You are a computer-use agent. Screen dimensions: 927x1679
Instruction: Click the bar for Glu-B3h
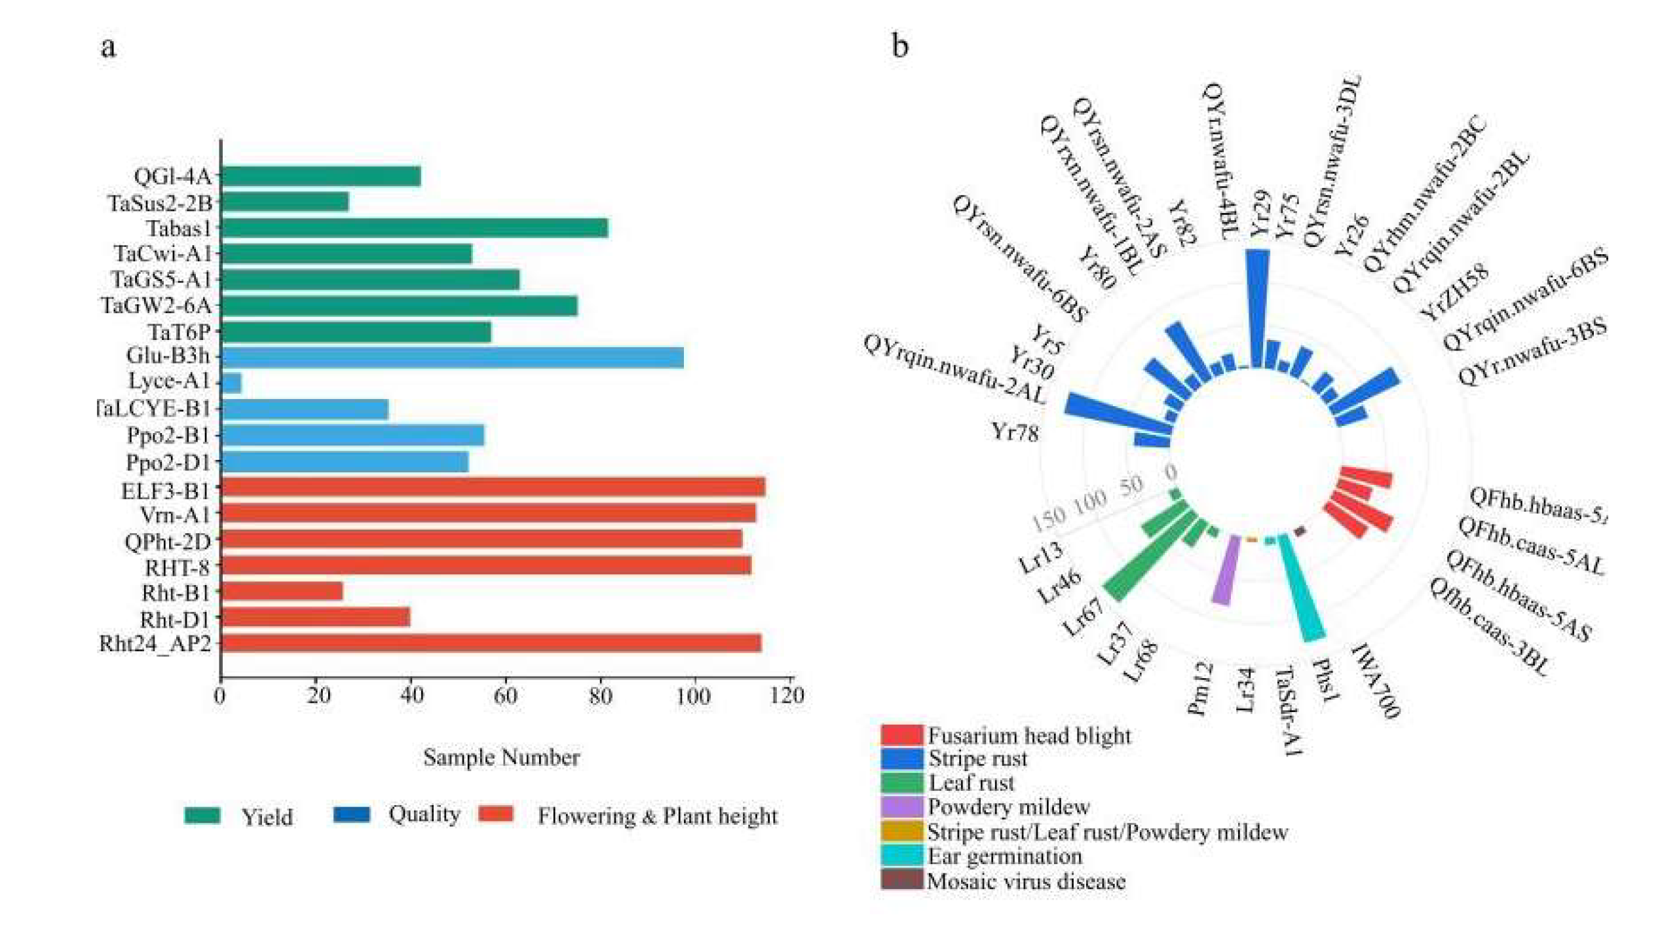click(x=452, y=358)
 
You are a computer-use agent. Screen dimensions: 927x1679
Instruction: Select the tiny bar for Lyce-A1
click(x=232, y=383)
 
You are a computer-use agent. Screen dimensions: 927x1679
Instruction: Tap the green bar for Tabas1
click(x=414, y=228)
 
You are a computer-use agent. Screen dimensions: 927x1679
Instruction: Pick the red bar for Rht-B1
click(x=282, y=592)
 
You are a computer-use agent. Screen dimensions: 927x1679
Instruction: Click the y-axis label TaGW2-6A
click(x=157, y=305)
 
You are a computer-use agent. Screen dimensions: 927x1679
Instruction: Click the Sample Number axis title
click(x=501, y=758)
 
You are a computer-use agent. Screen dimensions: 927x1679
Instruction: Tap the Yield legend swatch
click(x=202, y=816)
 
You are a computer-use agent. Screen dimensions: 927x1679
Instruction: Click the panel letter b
click(x=900, y=47)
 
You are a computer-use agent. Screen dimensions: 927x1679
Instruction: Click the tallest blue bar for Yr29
click(x=1257, y=308)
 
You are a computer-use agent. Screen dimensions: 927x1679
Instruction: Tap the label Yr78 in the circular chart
click(x=1015, y=432)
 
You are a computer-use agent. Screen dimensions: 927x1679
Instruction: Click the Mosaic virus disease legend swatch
click(x=901, y=880)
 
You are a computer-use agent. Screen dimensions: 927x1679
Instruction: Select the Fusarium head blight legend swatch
click(x=901, y=735)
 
